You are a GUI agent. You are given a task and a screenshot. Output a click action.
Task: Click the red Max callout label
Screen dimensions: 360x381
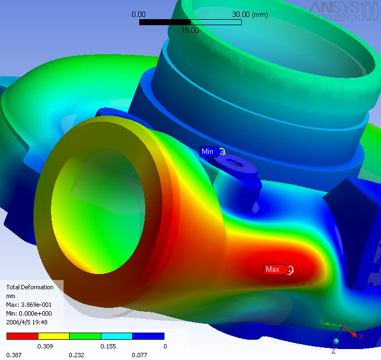(x=272, y=269)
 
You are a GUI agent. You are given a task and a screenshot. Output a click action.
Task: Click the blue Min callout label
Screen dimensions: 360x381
(x=208, y=152)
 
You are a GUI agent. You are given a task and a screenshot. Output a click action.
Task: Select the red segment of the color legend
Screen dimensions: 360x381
(x=22, y=336)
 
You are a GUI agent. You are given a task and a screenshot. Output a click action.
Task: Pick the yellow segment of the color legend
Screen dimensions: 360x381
(x=54, y=336)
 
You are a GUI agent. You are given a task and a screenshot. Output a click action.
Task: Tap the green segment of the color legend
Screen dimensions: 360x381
(x=86, y=336)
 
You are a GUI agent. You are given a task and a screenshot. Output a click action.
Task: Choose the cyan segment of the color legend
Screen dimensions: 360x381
(x=117, y=336)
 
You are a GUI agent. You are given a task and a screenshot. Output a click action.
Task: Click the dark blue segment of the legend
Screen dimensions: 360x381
(x=149, y=336)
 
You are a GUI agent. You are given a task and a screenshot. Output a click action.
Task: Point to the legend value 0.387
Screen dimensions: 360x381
(x=14, y=355)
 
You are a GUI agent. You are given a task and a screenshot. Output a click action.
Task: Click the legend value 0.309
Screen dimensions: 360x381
(x=45, y=346)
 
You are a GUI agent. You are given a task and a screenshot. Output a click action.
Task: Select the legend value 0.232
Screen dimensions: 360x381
(x=77, y=355)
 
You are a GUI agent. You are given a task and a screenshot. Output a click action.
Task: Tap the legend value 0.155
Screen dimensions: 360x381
(x=109, y=346)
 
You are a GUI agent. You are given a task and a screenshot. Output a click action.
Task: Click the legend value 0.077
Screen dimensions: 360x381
(x=140, y=355)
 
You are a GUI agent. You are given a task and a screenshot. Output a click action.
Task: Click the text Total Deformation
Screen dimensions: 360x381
(x=30, y=287)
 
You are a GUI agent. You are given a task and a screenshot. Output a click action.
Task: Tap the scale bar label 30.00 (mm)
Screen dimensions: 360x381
(x=250, y=14)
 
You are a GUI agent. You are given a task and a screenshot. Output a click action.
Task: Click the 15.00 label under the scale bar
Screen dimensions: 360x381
(x=190, y=30)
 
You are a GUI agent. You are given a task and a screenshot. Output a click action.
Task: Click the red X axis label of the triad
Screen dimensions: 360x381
(x=360, y=336)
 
